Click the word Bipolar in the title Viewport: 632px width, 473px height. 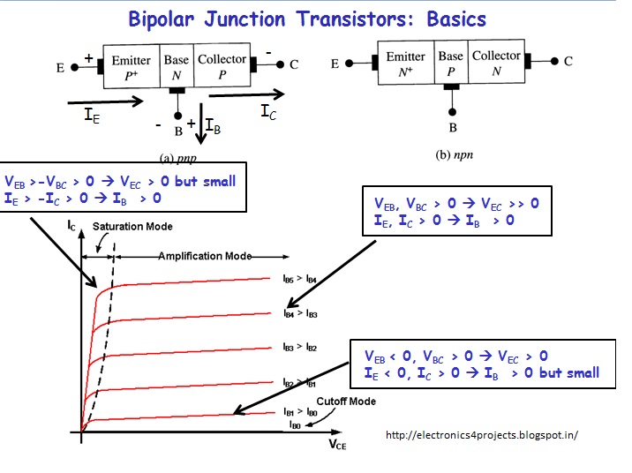click(162, 19)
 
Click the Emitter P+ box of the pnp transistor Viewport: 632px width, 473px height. click(132, 66)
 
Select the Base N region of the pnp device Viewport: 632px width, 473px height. click(177, 66)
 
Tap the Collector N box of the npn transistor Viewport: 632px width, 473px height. click(496, 62)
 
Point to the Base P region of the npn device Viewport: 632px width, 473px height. click(451, 62)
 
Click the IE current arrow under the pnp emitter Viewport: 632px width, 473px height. click(105, 101)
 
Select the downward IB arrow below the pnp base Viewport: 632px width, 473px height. click(200, 124)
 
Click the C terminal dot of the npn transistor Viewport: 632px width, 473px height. click(554, 61)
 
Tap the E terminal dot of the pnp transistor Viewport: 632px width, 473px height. click(74, 67)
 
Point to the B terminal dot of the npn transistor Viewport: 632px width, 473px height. click(452, 111)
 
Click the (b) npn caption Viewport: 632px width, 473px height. click(455, 154)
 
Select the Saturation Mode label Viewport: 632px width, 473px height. click(132, 227)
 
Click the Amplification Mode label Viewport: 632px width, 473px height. click(205, 256)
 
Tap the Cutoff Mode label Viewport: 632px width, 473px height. click(346, 402)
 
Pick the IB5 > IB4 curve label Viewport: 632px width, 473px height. click(300, 278)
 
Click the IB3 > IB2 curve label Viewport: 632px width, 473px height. click(300, 347)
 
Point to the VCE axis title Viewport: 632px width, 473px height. click(338, 445)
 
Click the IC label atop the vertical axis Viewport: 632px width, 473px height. click(71, 226)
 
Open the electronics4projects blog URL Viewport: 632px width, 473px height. click(482, 435)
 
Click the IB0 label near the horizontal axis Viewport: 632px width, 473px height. click(295, 424)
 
